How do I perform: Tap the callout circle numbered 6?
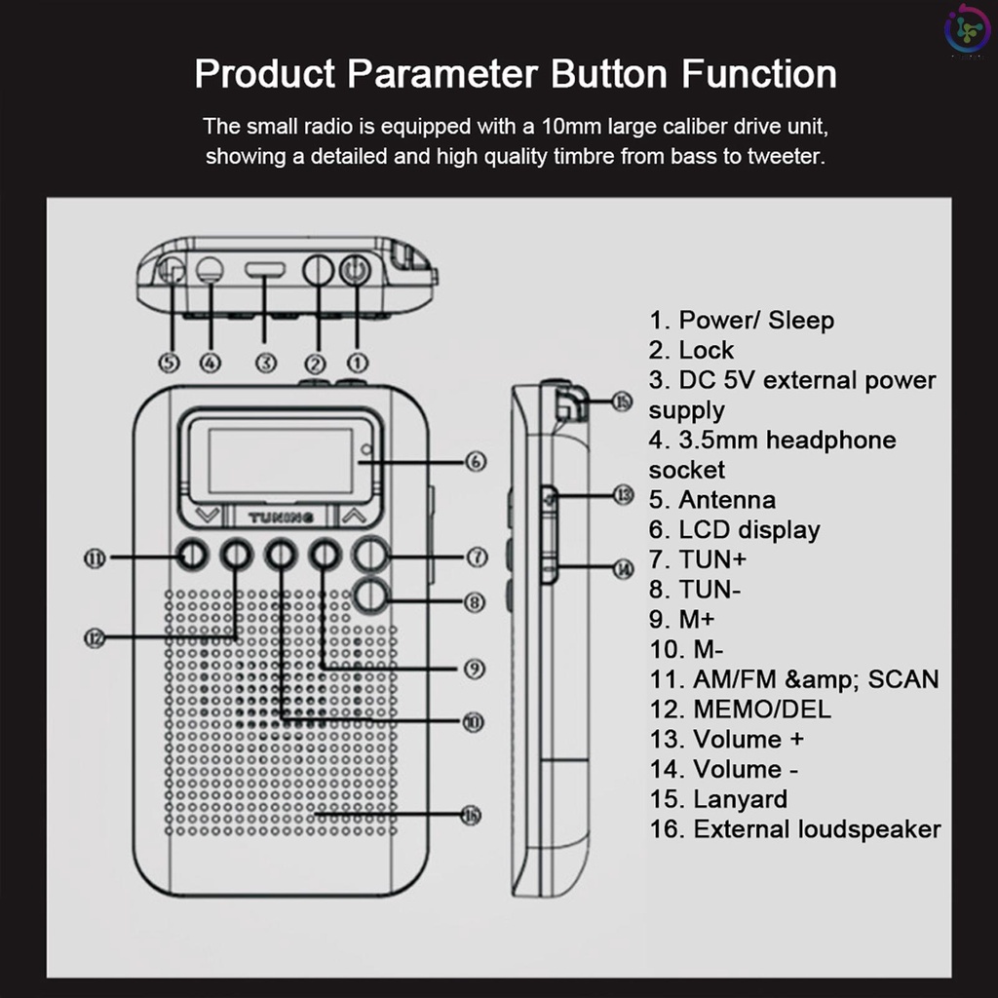click(x=476, y=461)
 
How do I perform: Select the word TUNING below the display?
click(x=281, y=516)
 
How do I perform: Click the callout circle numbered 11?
click(x=95, y=558)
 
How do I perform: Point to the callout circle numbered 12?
click(x=95, y=637)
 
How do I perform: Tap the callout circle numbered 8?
click(x=476, y=602)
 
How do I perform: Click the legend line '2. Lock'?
click(x=692, y=350)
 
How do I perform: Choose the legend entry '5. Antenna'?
click(x=712, y=500)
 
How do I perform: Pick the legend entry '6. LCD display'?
click(x=735, y=530)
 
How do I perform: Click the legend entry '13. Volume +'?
click(x=727, y=739)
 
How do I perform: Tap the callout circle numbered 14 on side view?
click(x=624, y=568)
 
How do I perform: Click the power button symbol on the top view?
click(x=355, y=269)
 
